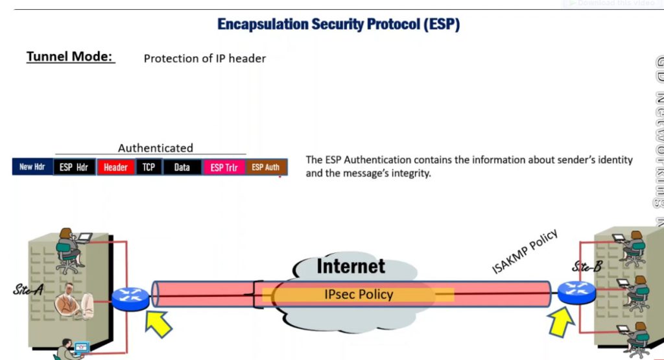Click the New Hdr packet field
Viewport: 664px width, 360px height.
tap(32, 167)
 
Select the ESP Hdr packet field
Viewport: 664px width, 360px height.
tap(74, 167)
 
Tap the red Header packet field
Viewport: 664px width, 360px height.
tap(115, 167)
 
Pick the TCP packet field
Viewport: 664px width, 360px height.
tap(149, 167)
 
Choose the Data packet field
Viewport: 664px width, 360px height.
tap(182, 167)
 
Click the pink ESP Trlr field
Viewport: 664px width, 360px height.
tap(224, 167)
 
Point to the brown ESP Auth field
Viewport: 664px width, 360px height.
tap(266, 167)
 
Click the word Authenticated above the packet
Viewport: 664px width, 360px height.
tap(156, 148)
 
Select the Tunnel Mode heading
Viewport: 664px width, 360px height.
tap(70, 56)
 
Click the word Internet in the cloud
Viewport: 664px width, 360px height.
tap(351, 266)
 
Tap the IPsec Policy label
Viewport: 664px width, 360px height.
tap(359, 294)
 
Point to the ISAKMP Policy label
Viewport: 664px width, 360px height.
tap(525, 252)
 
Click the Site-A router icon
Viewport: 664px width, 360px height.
tap(130, 298)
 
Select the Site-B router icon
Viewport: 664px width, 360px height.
tap(576, 293)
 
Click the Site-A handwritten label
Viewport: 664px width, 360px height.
tap(28, 290)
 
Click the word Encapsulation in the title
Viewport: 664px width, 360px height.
tap(263, 25)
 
